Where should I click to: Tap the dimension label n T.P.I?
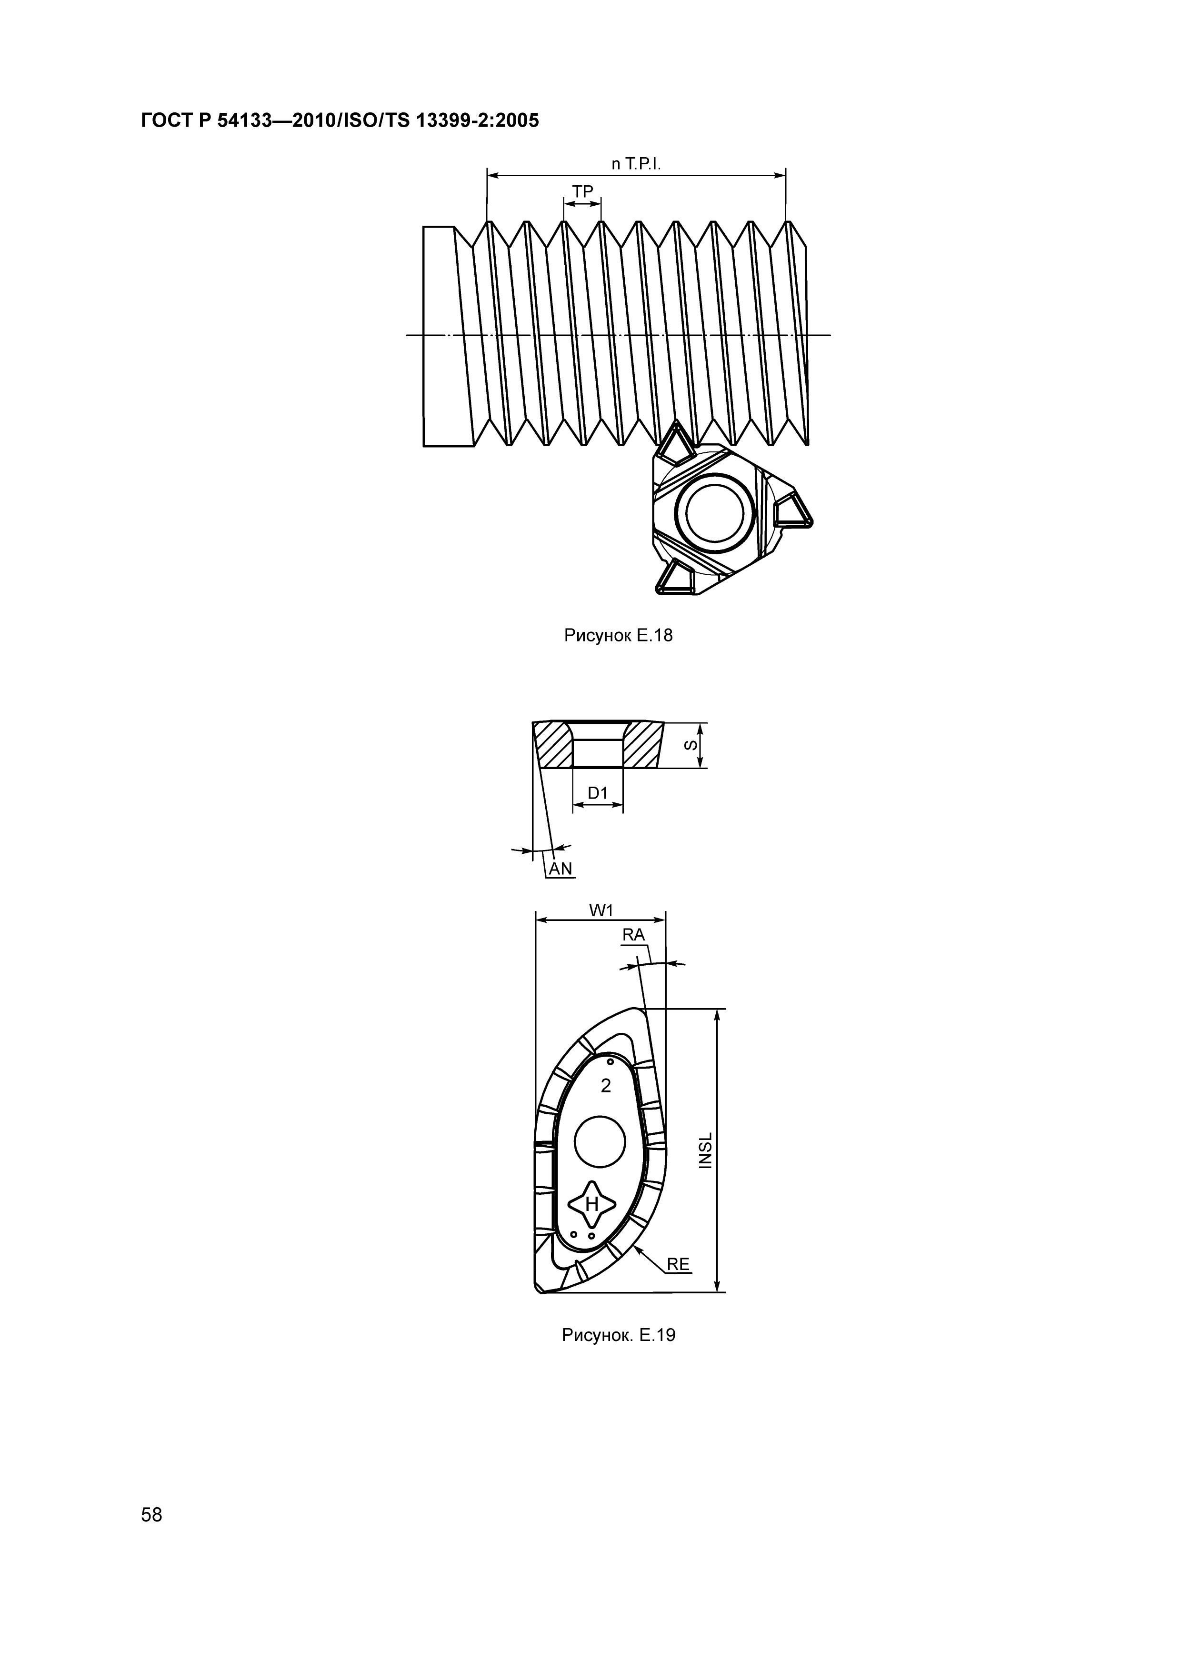(x=636, y=165)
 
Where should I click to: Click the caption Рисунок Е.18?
(x=618, y=636)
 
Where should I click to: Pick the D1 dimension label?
(x=597, y=793)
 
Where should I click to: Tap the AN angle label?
(x=560, y=869)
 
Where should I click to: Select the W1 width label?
(x=602, y=910)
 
